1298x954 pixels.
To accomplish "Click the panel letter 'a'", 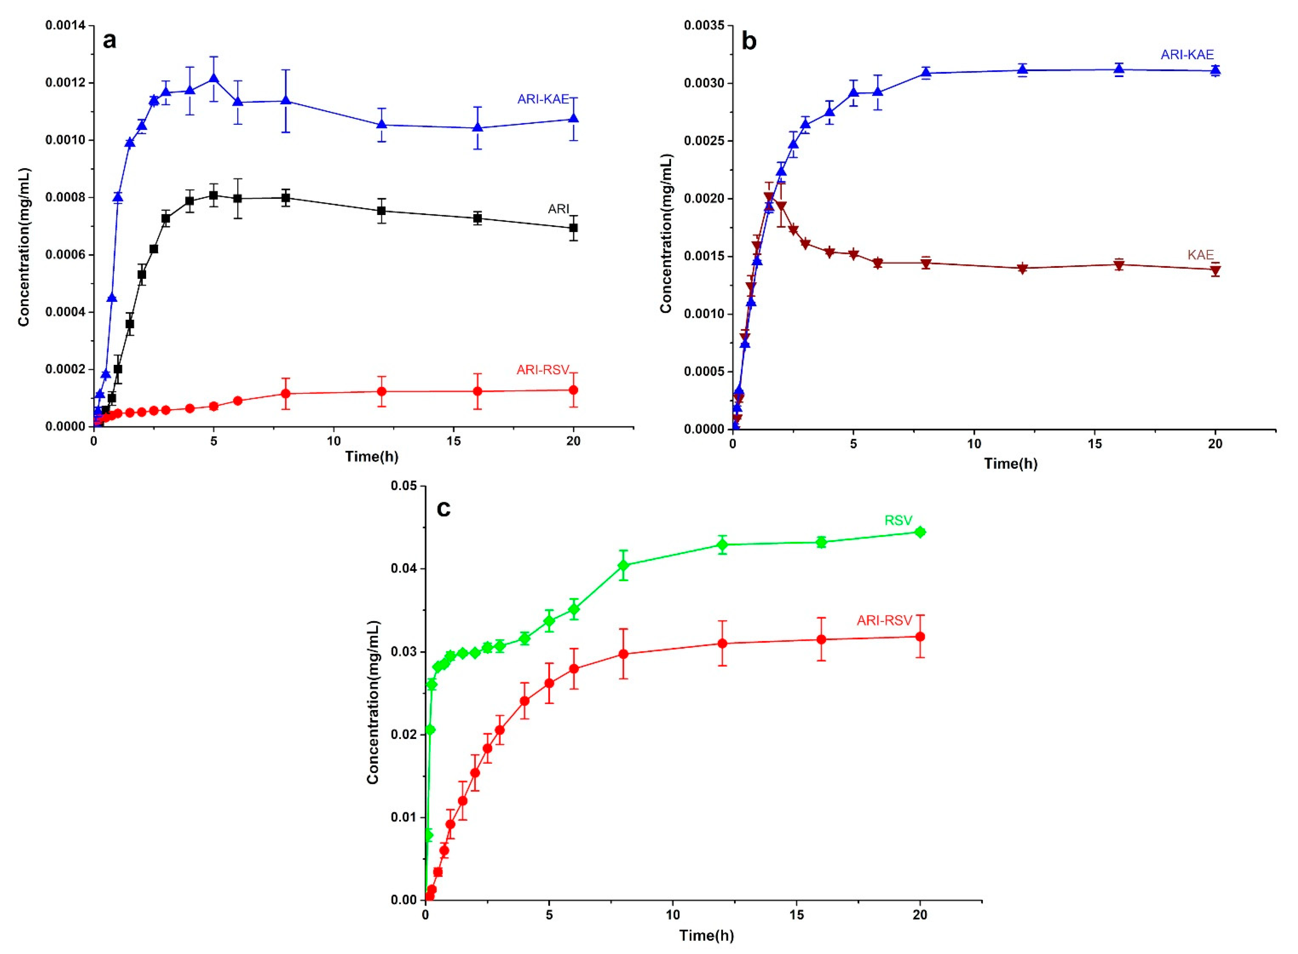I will [109, 41].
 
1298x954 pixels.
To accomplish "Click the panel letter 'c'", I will [444, 508].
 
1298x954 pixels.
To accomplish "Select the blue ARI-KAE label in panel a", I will [543, 99].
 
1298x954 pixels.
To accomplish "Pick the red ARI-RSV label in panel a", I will [543, 369].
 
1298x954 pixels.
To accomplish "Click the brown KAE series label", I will [1200, 255].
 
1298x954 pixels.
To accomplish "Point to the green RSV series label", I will [898, 520].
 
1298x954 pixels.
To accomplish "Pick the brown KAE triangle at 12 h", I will [1023, 268].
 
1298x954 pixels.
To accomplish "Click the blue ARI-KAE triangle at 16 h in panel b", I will [1119, 70].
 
